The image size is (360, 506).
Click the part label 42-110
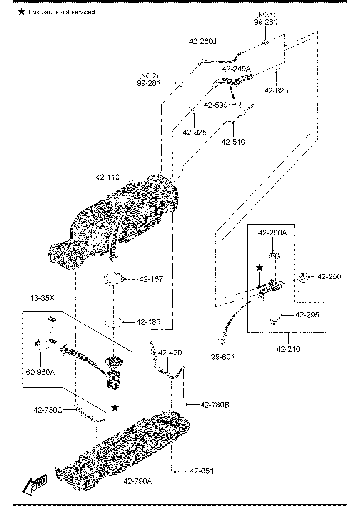click(107, 177)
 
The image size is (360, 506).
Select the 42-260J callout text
click(202, 41)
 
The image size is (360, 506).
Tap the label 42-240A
click(237, 69)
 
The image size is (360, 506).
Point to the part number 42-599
click(216, 105)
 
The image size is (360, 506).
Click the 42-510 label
click(233, 142)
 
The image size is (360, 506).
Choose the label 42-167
click(151, 279)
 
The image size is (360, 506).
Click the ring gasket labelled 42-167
click(114, 279)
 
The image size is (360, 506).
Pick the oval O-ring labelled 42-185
click(114, 322)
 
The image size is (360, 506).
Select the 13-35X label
click(42, 298)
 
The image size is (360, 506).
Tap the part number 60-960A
click(40, 372)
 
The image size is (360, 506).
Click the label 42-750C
click(48, 410)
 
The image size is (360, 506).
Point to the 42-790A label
click(137, 481)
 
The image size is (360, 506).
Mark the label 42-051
click(202, 471)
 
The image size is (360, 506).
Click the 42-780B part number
click(215, 405)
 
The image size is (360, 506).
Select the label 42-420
click(170, 352)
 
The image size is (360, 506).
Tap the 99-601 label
click(222, 357)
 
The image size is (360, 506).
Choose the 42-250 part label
click(329, 276)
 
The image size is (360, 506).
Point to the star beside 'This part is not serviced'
click(21, 12)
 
